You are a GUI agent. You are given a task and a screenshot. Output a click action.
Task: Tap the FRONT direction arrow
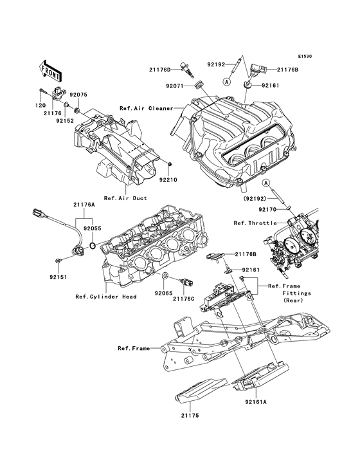click(50, 68)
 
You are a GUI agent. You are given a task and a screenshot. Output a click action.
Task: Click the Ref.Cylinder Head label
click(104, 297)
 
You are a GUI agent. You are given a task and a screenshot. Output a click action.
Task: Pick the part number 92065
click(162, 292)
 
